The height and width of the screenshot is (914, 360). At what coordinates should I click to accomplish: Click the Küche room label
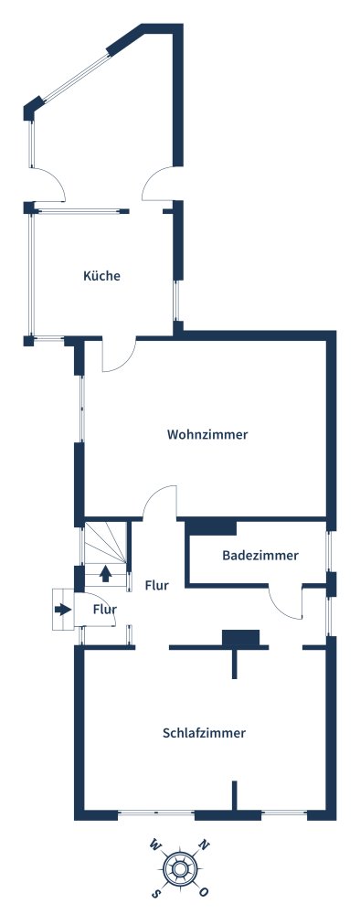(101, 276)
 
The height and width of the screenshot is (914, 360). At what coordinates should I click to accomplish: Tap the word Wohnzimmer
(207, 435)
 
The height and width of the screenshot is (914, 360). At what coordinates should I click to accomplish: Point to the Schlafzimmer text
(204, 732)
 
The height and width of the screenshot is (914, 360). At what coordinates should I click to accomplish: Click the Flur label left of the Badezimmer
(156, 586)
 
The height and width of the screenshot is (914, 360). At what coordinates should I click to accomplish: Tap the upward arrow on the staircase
(106, 573)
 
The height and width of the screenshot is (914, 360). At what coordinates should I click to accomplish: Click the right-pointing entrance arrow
(62, 609)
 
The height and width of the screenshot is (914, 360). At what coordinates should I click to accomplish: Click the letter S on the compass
(156, 892)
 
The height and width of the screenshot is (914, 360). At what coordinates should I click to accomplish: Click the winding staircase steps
(106, 546)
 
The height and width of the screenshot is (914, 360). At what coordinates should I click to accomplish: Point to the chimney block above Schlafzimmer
(240, 637)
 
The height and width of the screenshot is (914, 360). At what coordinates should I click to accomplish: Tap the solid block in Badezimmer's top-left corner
(212, 526)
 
